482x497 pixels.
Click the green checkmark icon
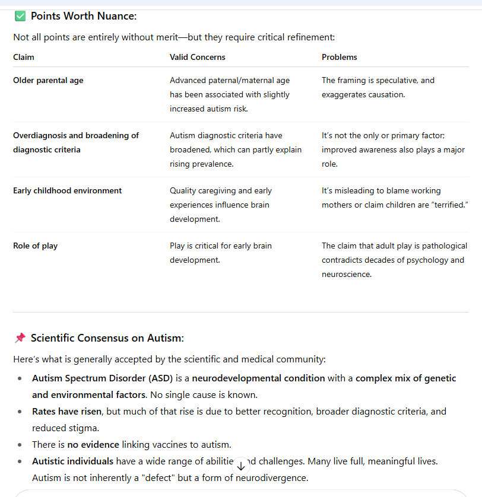click(20, 16)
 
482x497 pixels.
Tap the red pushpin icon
click(20, 338)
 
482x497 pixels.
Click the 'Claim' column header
click(24, 58)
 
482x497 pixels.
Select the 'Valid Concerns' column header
click(198, 58)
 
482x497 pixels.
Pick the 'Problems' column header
click(340, 58)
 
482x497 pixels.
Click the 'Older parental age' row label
click(48, 81)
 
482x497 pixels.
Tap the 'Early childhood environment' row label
click(67, 191)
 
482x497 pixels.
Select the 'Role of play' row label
click(35, 246)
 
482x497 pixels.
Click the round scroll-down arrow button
click(241, 466)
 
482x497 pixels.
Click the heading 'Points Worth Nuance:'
click(84, 16)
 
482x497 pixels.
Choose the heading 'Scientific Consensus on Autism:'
click(107, 338)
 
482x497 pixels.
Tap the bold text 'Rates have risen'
click(66, 411)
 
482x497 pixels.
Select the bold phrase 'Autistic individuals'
click(72, 461)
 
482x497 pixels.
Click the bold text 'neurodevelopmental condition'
click(258, 378)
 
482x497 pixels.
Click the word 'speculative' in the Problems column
click(398, 81)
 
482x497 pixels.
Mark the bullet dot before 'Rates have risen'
click(20, 411)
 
